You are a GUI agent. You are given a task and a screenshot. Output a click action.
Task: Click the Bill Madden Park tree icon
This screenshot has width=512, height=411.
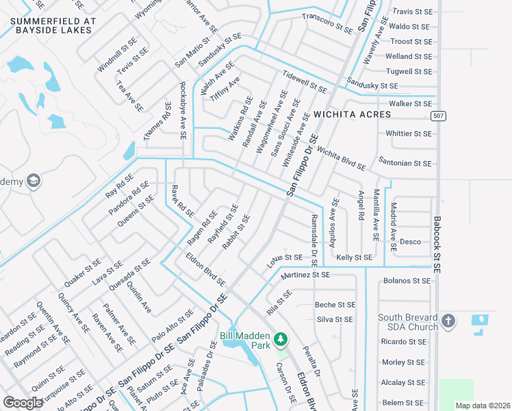pos(280,339)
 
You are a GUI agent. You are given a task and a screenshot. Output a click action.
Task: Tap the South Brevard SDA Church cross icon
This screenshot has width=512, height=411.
pos(448,321)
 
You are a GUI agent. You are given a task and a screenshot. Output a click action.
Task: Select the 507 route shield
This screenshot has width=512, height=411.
pos(439,116)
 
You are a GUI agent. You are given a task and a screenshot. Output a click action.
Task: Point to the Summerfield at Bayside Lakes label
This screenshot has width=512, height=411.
pos(61,26)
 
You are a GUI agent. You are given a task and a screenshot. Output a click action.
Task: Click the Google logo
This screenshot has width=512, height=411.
pos(23,403)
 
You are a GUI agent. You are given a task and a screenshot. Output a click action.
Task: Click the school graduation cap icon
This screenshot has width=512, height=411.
pos(34,182)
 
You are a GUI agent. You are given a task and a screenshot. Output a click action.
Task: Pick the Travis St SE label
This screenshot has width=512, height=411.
pos(411,12)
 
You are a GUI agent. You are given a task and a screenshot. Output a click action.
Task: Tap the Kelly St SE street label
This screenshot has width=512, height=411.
pos(355,258)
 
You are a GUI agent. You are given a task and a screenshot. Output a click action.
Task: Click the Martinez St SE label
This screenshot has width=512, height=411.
pos(305,275)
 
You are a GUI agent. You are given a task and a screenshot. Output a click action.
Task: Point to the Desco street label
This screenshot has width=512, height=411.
pos(410,242)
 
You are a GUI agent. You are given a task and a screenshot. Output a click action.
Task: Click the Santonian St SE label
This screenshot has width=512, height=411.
pos(409,164)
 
